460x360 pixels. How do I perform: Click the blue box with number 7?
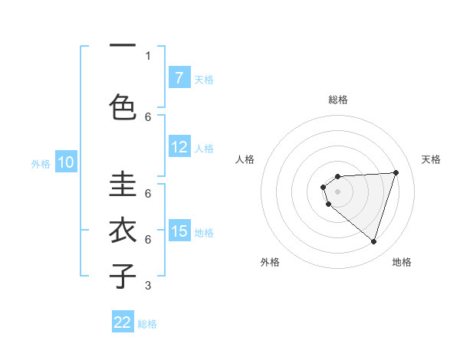(x=179, y=78)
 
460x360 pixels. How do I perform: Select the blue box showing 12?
(x=179, y=148)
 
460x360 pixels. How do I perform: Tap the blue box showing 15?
(x=179, y=231)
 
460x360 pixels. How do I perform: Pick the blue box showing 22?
(x=123, y=322)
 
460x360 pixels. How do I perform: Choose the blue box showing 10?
(x=66, y=162)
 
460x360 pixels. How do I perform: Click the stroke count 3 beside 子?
(x=148, y=286)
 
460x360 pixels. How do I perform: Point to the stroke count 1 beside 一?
(x=148, y=55)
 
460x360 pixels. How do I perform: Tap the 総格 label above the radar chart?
(x=337, y=100)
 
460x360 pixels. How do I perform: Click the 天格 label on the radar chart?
(x=432, y=159)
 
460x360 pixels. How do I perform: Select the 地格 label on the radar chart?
(x=402, y=262)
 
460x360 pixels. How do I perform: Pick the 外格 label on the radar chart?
(x=270, y=262)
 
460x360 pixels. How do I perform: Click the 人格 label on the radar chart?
(x=245, y=159)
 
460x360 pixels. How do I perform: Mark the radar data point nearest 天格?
(x=396, y=172)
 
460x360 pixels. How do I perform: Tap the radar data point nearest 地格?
(x=373, y=242)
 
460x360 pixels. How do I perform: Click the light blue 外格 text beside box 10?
(x=41, y=163)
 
